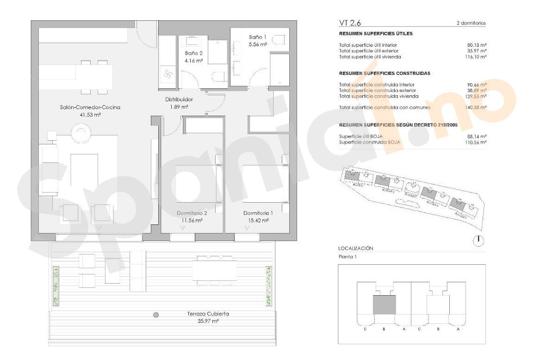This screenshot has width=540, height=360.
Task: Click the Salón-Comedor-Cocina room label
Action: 90,107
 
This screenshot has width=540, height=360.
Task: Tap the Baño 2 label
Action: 193,53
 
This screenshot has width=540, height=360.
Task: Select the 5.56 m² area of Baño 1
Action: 258,44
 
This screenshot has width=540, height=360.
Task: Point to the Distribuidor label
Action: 179,99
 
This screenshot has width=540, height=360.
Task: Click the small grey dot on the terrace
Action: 156,315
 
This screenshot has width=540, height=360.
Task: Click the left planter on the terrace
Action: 56,286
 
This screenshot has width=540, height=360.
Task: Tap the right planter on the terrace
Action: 268,286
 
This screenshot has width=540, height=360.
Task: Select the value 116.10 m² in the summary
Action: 477,57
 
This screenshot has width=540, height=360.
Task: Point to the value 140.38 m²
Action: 477,107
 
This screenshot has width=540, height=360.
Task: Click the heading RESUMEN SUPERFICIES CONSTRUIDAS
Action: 385,74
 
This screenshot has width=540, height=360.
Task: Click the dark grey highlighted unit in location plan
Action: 385,305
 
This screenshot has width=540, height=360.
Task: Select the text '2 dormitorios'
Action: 471,24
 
